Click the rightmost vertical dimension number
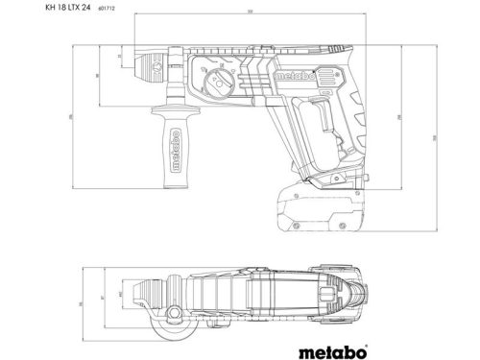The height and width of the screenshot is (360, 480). pos(432,139)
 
